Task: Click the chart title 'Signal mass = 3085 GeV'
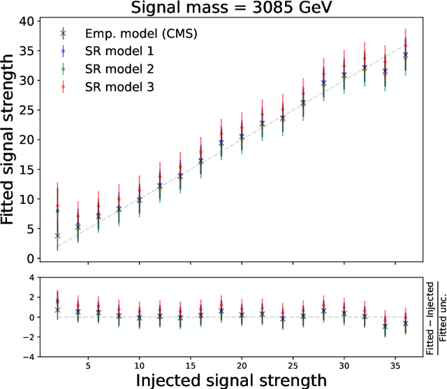coord(237,8)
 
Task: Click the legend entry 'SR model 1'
coord(115,50)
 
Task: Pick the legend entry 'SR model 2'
coord(115,68)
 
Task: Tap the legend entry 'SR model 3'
coord(115,87)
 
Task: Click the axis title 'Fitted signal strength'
coord(10,140)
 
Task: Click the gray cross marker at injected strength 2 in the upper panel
coord(57,236)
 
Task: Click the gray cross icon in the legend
coord(63,33)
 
